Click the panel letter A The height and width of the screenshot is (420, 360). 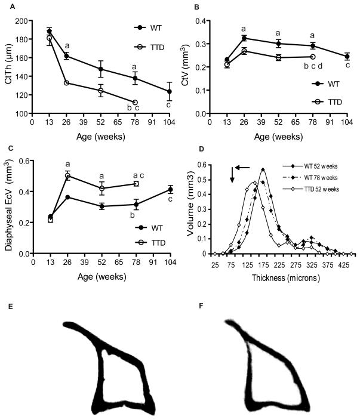click(8, 8)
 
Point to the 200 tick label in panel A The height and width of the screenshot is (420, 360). click(21, 21)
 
